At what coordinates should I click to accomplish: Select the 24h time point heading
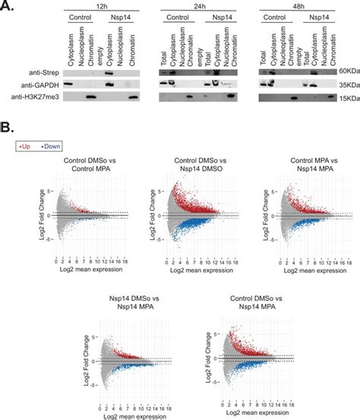pos(198,5)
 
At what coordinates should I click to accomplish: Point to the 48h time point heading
pos(295,5)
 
